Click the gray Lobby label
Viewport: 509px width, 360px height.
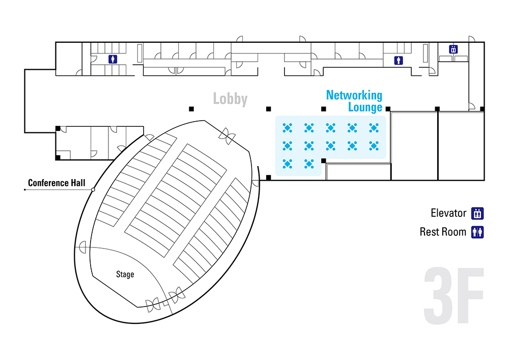pos(230,99)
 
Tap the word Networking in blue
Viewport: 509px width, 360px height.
pos(354,95)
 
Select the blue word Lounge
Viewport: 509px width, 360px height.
pos(365,107)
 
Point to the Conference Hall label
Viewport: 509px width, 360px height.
pos(56,183)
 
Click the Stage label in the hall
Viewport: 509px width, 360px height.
pos(125,274)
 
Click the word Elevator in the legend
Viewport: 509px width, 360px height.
pos(448,213)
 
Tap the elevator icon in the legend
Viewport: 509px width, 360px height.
pos(477,213)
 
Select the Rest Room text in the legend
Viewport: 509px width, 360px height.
pos(443,232)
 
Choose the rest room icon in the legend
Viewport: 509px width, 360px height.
pos(477,232)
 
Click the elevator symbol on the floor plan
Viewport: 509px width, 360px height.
pos(453,49)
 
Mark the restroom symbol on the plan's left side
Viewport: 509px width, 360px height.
pos(112,60)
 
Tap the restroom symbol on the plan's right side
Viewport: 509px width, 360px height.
pos(399,61)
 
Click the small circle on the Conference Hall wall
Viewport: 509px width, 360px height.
pos(93,189)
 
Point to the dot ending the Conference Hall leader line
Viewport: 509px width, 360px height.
pos(25,189)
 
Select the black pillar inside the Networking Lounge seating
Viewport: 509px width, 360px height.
pos(323,161)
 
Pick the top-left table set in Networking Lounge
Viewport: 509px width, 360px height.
pos(288,127)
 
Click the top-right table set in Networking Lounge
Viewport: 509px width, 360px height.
pos(374,127)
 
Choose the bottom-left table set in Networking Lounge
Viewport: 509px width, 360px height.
pos(288,163)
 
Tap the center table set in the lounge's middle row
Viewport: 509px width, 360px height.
pos(331,146)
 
